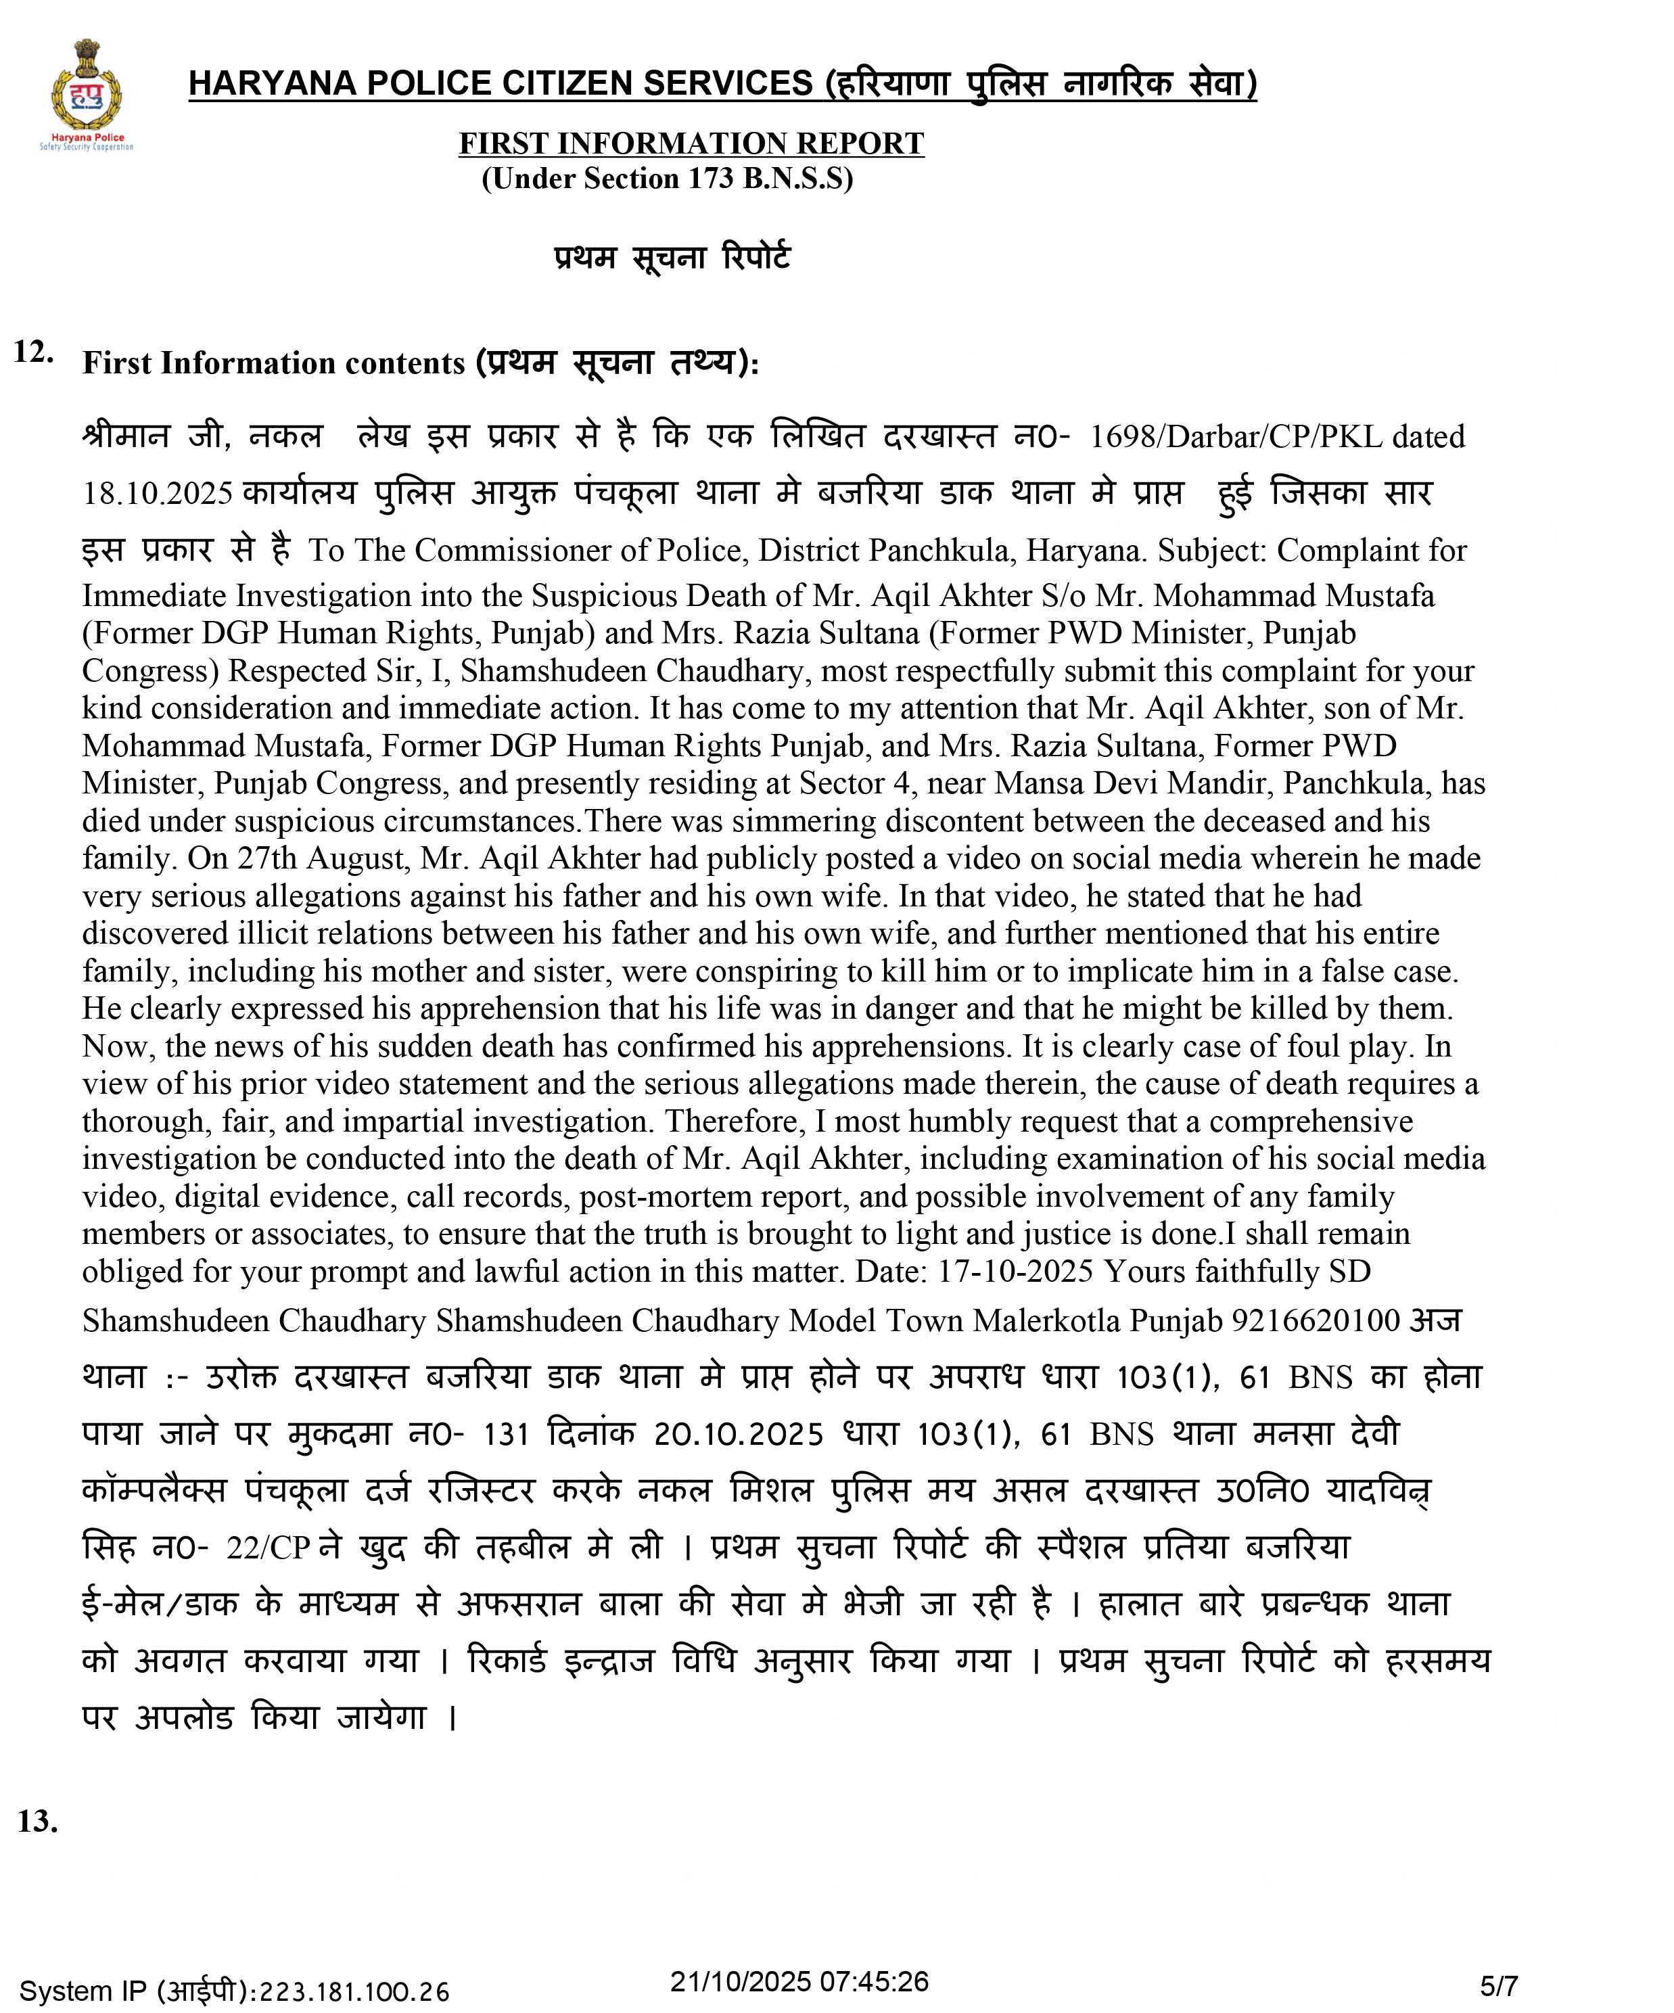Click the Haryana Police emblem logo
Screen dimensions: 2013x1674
[x=87, y=94]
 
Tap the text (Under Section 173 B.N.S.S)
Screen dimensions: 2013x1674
[x=668, y=179]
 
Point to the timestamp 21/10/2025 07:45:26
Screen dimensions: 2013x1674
[x=799, y=1981]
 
